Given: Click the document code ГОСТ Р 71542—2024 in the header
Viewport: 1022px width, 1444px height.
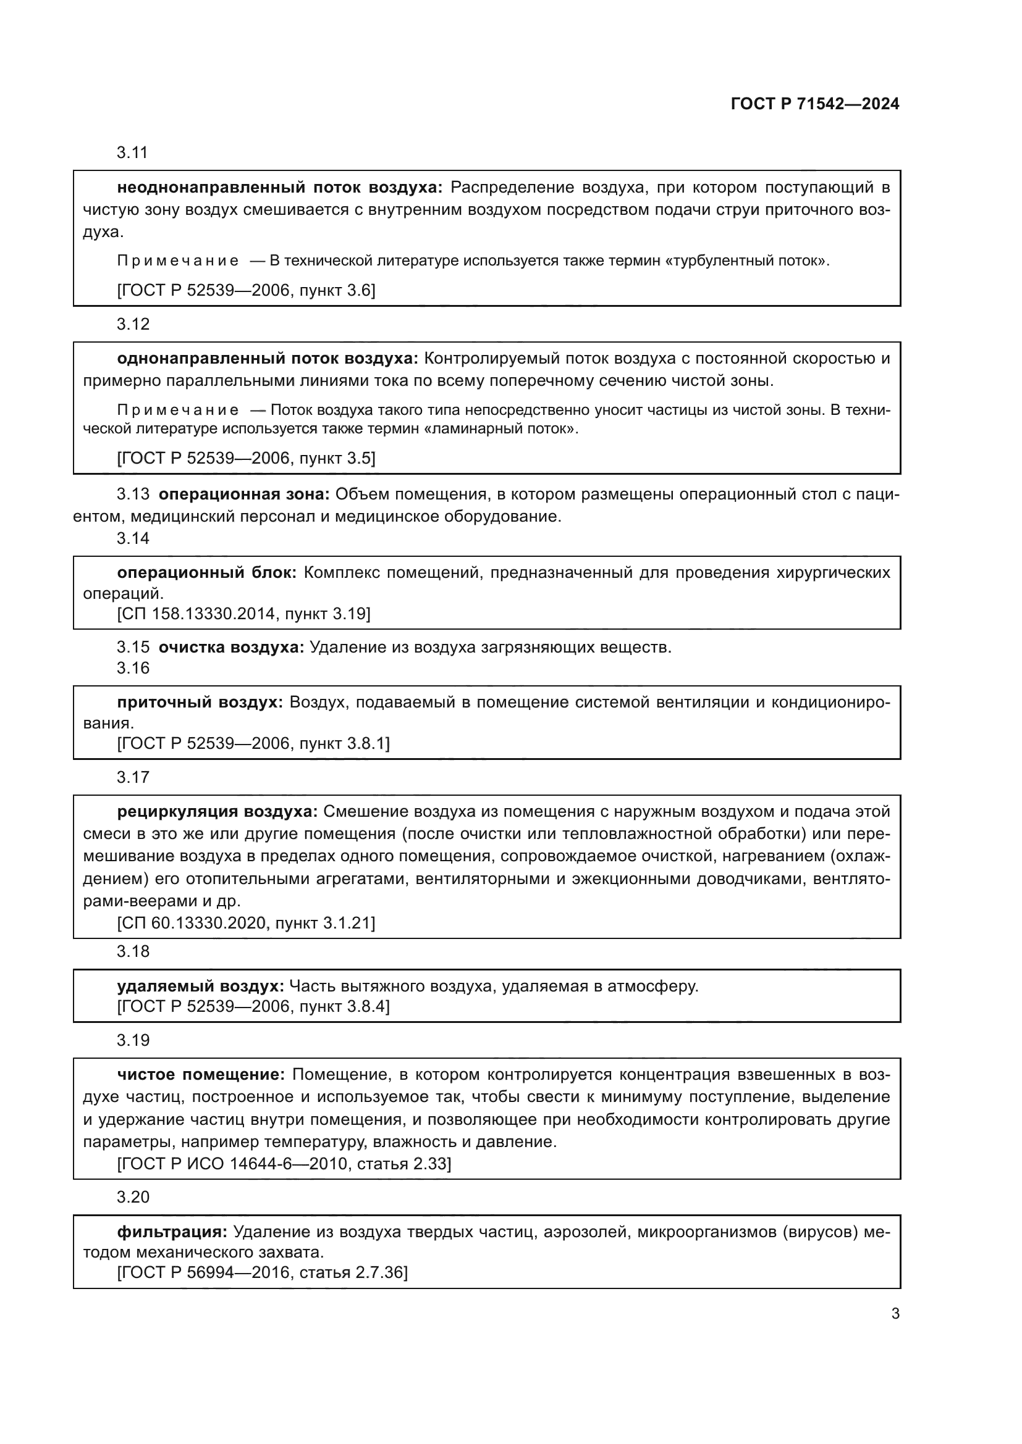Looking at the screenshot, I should coord(815,104).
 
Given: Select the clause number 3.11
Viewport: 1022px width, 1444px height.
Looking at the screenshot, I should coord(132,153).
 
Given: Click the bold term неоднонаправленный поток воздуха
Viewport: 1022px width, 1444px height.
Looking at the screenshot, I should coord(280,188).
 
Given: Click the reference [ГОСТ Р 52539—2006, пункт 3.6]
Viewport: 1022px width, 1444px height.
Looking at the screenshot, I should coord(246,290).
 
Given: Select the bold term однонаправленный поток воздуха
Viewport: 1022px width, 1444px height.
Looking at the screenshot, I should coord(268,359).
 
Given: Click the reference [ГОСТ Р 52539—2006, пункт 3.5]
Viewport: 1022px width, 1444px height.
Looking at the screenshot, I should coord(246,458).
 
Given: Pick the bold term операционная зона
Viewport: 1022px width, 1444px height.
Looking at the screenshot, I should coord(244,495).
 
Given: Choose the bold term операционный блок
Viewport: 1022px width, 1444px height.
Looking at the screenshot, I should coord(207,572).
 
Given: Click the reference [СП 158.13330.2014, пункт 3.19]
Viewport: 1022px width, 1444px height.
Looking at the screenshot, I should coord(243,613).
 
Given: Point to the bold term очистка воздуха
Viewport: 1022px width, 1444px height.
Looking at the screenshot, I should coord(232,647).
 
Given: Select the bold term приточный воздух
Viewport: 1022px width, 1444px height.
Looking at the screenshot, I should coord(200,702).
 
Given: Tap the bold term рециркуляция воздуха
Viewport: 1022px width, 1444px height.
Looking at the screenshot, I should coord(217,811).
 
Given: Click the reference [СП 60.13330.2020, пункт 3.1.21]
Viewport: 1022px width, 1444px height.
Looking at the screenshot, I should coord(246,922).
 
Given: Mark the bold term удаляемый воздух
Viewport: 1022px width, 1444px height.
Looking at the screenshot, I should coord(201,985).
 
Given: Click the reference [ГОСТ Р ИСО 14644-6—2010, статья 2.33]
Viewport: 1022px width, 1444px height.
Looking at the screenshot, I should coord(284,1164).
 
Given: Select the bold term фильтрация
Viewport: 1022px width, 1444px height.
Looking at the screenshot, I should coord(172,1232).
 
